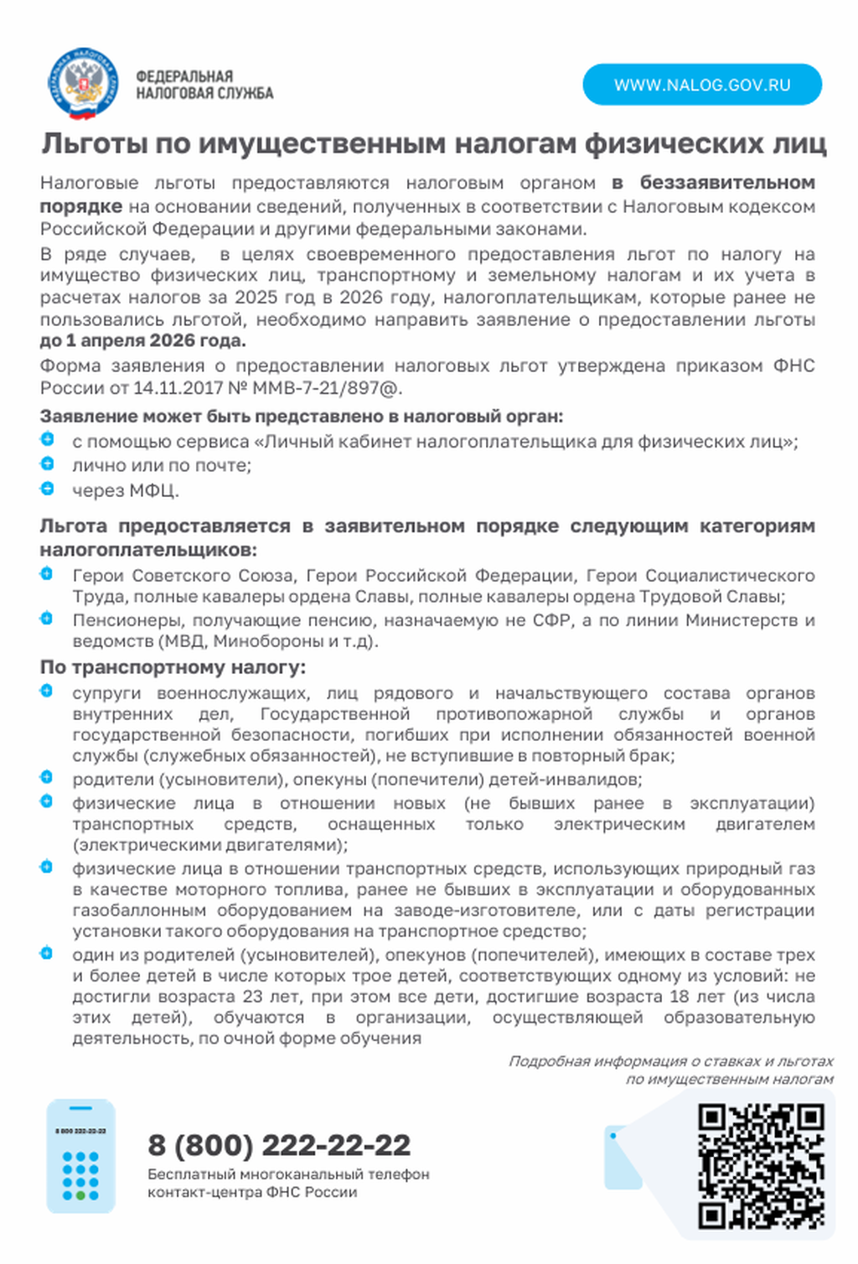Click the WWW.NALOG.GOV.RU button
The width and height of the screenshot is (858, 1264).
(x=702, y=85)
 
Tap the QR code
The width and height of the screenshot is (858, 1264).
(x=761, y=1166)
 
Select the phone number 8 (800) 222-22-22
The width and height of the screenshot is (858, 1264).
(x=279, y=1145)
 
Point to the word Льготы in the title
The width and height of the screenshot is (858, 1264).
(x=95, y=144)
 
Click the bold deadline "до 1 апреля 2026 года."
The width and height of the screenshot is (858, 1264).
(x=142, y=340)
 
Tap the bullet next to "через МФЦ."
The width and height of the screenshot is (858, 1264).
(x=47, y=488)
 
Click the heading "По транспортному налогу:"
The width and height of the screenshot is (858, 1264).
(x=173, y=667)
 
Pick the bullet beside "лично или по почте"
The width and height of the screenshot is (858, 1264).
(x=47, y=464)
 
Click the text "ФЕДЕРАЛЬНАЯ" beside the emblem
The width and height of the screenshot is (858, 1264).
(x=184, y=76)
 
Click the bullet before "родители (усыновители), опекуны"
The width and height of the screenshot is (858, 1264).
(x=47, y=777)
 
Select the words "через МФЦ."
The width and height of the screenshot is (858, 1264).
(x=126, y=490)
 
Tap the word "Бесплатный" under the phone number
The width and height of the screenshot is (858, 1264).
(x=191, y=1174)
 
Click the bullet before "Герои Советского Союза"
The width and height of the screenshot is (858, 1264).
(x=47, y=574)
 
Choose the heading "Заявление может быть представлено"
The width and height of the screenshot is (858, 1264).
(x=302, y=417)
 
